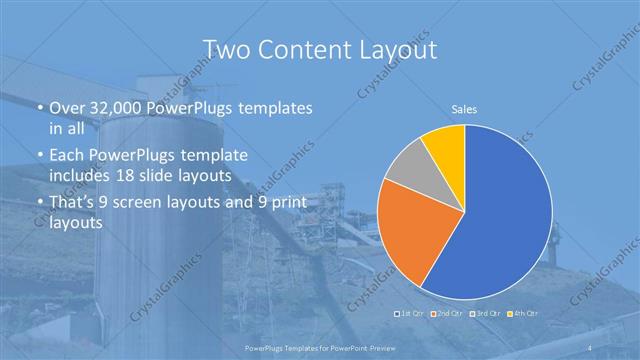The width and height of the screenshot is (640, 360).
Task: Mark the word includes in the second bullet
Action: click(81, 175)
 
